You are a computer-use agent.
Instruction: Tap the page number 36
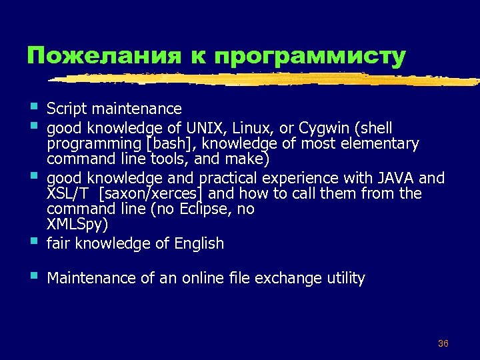point(443,343)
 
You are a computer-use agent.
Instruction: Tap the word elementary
point(383,143)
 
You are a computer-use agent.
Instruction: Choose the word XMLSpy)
point(77,225)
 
